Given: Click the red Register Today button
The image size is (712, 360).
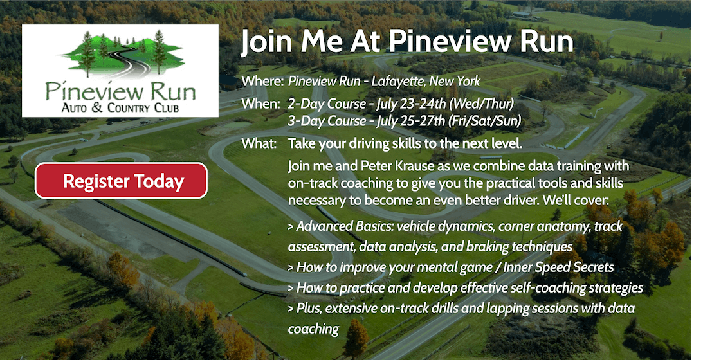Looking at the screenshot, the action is pos(122,181).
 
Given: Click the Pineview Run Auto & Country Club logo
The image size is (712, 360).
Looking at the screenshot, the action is pos(120,71).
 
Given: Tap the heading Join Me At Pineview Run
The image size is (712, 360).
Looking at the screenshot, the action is pos(407,42).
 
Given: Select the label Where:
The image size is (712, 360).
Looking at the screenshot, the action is pos(263,82).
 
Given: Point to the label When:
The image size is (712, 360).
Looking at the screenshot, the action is pos(260,104).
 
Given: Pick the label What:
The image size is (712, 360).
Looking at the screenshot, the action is pos(259,144).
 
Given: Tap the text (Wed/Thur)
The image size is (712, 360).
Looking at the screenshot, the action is pos(481,104).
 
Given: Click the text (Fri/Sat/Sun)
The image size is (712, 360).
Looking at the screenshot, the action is pos(485,122).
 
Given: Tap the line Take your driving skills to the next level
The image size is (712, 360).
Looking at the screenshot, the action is pos(405,145).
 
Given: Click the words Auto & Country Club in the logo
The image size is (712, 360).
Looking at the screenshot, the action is pos(120,108).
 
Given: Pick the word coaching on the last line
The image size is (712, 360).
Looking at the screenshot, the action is pos(313,329).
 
